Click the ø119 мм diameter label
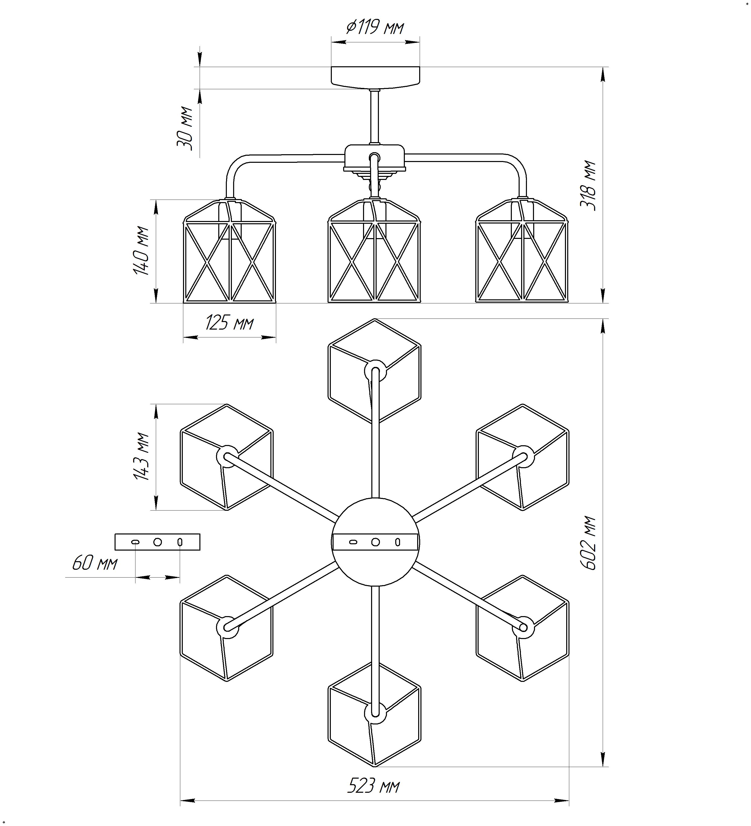tap(375, 28)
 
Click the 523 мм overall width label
tap(374, 786)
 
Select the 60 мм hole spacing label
tap(95, 564)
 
